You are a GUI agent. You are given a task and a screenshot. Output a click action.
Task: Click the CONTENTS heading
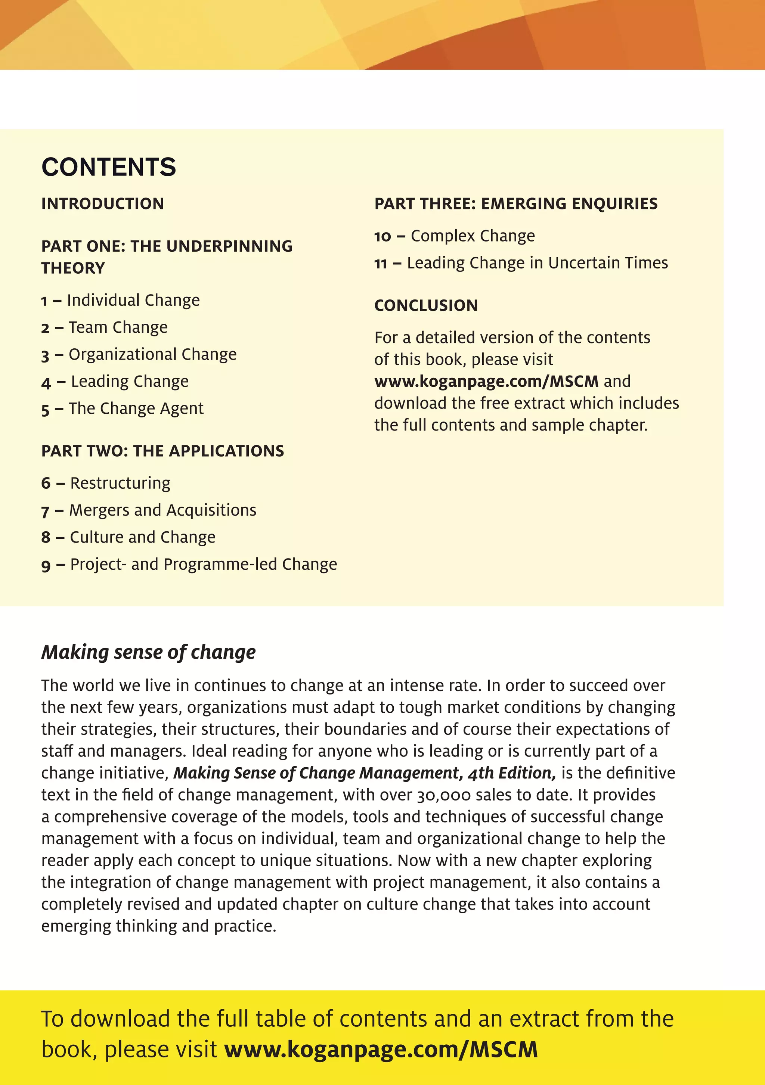point(109,167)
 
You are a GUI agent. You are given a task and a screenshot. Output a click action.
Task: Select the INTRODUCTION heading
point(103,204)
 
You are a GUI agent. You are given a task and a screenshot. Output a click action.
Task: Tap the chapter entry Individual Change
point(133,301)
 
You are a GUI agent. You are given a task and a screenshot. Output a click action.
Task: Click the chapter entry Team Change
point(118,327)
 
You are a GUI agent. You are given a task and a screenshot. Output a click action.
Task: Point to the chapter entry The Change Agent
point(136,408)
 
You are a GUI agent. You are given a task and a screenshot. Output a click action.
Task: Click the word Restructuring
point(120,483)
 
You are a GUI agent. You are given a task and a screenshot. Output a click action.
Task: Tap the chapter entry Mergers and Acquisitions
point(162,510)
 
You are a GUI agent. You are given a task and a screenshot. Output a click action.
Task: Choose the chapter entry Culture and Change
point(142,537)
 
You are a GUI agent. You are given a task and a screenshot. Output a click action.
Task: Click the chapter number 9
point(46,566)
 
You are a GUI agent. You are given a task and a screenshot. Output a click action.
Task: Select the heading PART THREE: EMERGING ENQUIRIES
point(516,204)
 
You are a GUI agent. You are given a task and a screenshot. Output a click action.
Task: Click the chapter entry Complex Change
point(472,236)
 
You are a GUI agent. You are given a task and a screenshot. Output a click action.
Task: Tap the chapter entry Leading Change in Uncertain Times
point(537,263)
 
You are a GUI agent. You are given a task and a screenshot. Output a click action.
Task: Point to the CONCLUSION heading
point(426,305)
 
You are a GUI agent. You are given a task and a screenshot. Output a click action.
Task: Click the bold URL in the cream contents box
point(486,381)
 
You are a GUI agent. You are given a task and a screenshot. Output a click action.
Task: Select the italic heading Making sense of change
point(148,652)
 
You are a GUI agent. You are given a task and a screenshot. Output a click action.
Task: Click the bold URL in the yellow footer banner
point(381,1050)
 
